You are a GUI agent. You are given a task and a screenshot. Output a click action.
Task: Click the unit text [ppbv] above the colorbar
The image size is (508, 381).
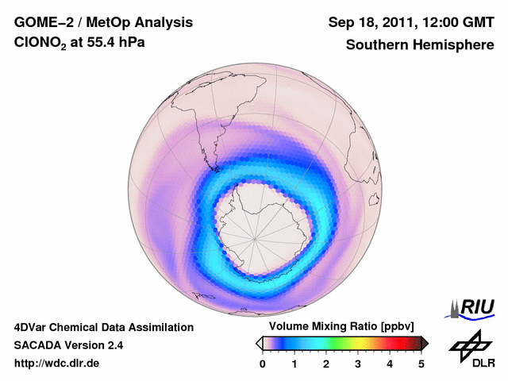click(x=392, y=327)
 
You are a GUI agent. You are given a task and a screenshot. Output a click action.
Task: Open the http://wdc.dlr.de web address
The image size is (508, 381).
click(x=57, y=364)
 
